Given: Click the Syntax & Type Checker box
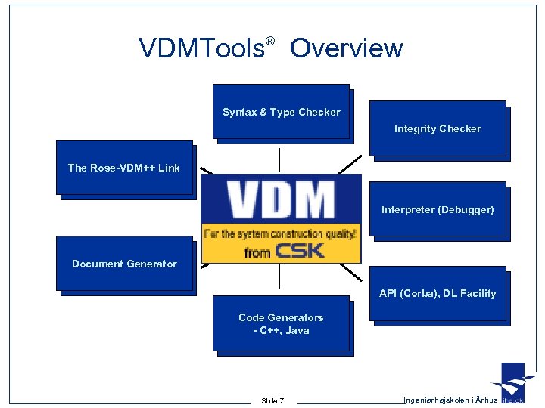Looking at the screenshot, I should click(x=281, y=112).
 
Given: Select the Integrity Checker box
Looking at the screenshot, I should click(x=437, y=128).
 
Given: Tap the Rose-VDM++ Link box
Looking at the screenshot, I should click(x=124, y=168).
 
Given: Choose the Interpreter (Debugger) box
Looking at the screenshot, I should click(x=437, y=209).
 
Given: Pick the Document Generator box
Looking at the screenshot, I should click(x=124, y=264).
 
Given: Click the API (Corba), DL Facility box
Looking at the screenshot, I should click(x=437, y=293).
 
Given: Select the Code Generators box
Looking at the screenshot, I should click(x=281, y=324).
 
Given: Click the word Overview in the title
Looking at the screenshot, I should click(x=346, y=48).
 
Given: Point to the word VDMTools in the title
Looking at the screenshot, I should click(x=201, y=48).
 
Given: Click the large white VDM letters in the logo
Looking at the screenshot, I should click(x=281, y=200).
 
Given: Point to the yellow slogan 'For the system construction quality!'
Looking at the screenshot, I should click(x=281, y=233).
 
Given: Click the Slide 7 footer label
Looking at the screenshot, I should click(x=272, y=400).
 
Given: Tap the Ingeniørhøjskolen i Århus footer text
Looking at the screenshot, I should click(x=450, y=400).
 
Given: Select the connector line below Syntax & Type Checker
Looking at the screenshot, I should click(x=280, y=159).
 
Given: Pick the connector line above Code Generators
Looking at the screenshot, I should click(x=280, y=277).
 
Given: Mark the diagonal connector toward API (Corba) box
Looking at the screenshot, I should click(x=351, y=273).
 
